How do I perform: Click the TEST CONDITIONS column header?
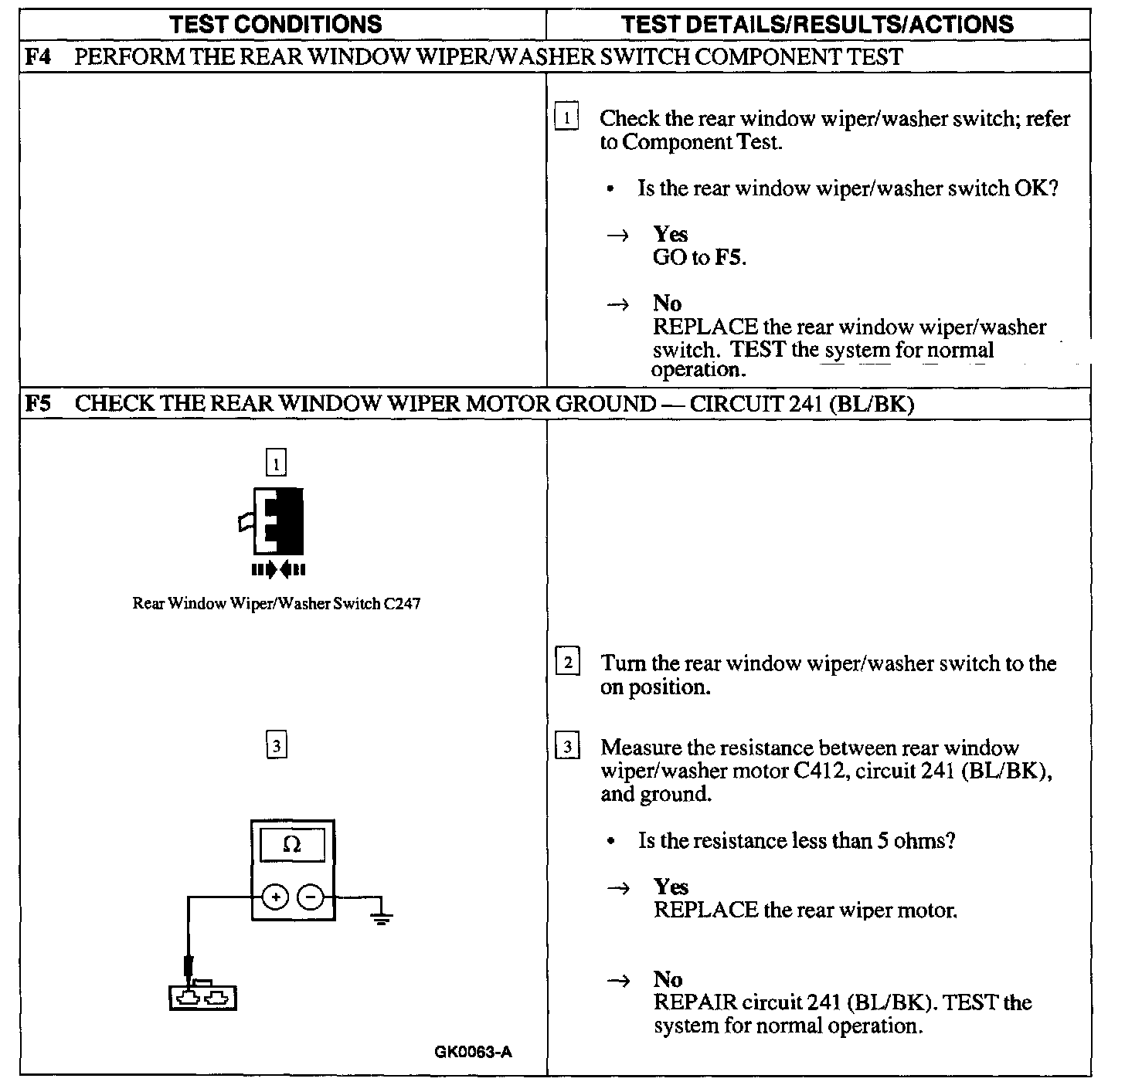(x=276, y=24)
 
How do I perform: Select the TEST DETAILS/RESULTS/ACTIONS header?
(x=817, y=24)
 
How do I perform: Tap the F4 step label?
(x=38, y=57)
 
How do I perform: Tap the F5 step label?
(x=38, y=404)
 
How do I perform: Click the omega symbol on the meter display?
(x=292, y=845)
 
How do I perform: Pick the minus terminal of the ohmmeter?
(x=311, y=897)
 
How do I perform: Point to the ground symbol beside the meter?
(x=380, y=917)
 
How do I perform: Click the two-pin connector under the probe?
(x=202, y=998)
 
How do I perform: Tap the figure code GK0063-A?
(x=473, y=1052)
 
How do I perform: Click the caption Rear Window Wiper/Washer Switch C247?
(x=277, y=603)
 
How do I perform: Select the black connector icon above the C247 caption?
(x=277, y=521)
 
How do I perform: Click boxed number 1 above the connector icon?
(x=276, y=463)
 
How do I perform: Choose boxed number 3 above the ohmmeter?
(x=276, y=746)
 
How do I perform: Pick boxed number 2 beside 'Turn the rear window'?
(x=568, y=663)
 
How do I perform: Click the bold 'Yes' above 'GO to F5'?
(x=670, y=234)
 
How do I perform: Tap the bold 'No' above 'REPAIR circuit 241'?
(x=668, y=979)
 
